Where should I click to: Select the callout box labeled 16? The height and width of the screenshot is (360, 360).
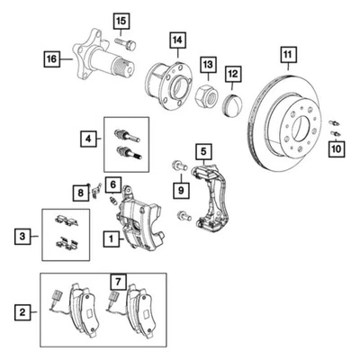52,59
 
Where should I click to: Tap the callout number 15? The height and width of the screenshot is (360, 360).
121,20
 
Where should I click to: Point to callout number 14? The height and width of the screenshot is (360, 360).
177,40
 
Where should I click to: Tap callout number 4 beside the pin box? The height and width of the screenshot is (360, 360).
88,139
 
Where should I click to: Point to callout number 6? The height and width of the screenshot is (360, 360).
112,184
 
